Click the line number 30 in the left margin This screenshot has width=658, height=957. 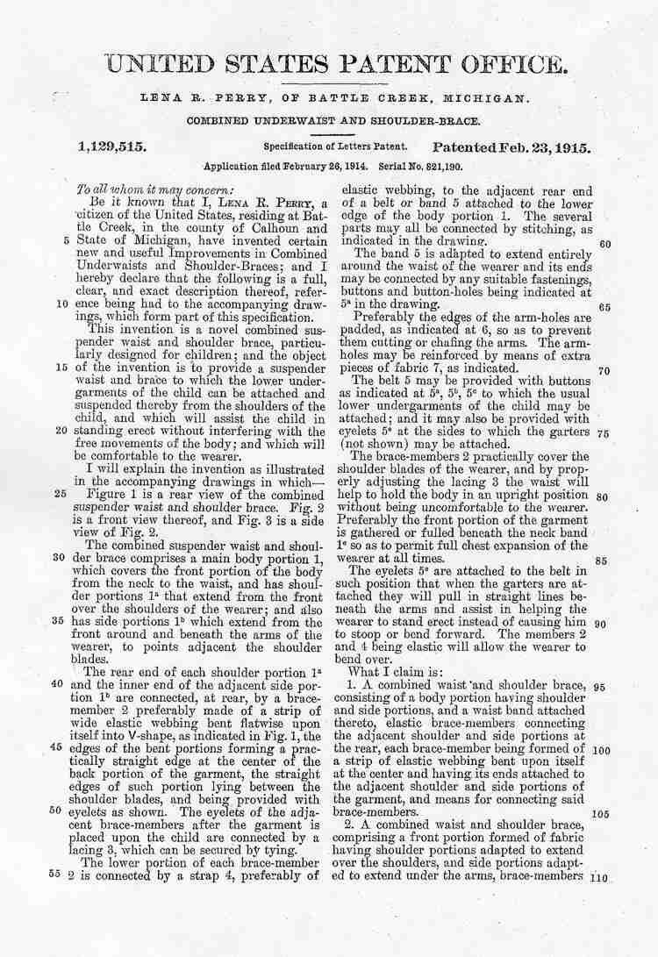[x=61, y=556]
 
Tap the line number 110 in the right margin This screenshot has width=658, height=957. [x=601, y=877]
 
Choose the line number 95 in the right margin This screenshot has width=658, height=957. [x=602, y=687]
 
